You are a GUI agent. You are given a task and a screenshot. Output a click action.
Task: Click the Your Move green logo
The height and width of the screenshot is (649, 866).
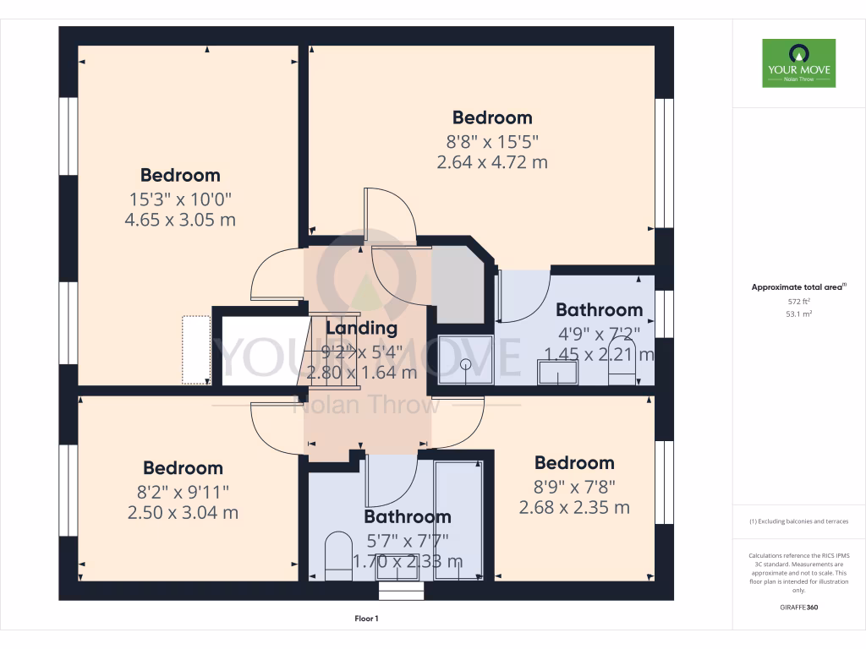(798, 63)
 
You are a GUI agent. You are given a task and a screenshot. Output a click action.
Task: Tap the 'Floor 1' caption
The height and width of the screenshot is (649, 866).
(366, 619)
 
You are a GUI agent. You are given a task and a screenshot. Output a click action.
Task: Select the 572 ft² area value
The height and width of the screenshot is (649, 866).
(798, 302)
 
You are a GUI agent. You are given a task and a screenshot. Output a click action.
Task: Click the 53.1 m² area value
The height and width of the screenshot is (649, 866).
(798, 314)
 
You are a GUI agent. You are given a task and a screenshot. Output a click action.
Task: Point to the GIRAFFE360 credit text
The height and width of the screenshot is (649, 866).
(798, 607)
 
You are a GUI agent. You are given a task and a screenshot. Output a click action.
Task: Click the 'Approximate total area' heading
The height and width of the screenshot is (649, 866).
(797, 287)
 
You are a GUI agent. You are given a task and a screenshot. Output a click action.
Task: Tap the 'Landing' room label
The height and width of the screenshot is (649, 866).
(361, 328)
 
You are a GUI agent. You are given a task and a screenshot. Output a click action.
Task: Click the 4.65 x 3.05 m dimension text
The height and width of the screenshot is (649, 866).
(179, 221)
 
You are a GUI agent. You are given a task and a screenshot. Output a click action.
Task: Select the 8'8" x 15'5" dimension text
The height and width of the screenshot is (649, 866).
(491, 140)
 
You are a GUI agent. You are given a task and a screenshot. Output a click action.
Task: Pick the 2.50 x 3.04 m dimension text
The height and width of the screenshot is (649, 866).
(183, 512)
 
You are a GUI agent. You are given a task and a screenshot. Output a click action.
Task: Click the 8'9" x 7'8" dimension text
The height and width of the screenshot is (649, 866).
(573, 486)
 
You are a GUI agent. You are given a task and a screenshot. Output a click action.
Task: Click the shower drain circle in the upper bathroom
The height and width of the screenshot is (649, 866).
(465, 365)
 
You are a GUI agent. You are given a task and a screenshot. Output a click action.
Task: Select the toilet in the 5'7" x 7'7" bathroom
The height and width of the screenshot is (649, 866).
(338, 555)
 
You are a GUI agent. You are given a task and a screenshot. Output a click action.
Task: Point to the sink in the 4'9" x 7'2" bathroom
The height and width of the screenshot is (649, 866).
(557, 372)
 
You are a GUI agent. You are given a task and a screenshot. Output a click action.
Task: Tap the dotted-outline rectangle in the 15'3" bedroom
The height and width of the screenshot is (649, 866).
(195, 350)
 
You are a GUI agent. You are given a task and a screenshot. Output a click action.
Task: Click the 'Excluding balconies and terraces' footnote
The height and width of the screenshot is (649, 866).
(798, 521)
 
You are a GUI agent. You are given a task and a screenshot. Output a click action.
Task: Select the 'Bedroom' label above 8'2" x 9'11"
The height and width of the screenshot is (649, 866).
(183, 468)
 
